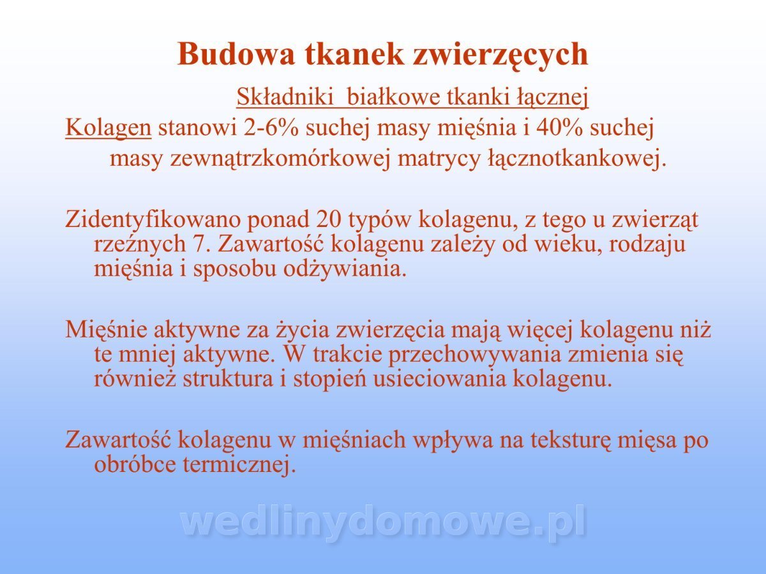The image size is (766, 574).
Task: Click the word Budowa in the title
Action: [236, 54]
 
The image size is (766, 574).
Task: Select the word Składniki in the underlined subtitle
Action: [285, 97]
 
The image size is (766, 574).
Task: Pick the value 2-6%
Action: [271, 128]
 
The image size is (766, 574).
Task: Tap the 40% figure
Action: [559, 128]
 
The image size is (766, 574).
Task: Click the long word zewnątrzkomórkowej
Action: [280, 159]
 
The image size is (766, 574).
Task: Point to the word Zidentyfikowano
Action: [153, 220]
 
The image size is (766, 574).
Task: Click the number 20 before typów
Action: [329, 219]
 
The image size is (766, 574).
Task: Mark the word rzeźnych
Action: [140, 245]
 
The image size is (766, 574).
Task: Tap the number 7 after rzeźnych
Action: [200, 244]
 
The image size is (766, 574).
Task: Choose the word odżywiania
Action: [345, 269]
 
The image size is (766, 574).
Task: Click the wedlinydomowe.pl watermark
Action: [383, 523]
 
